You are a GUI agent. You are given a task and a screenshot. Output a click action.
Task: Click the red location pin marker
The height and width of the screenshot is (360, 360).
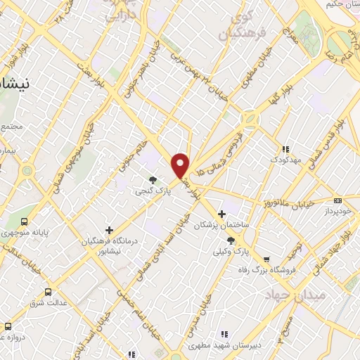pyautogui.click(x=181, y=165)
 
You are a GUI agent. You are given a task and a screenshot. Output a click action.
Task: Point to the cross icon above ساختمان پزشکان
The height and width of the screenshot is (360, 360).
pyautogui.click(x=222, y=213)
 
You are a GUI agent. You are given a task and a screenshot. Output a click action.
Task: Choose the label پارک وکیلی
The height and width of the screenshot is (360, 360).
pyautogui.click(x=231, y=251)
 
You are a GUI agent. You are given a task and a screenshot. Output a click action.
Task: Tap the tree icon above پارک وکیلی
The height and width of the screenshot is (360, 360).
pyautogui.click(x=231, y=240)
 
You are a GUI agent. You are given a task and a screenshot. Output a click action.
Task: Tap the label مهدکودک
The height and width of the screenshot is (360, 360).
pyautogui.click(x=285, y=160)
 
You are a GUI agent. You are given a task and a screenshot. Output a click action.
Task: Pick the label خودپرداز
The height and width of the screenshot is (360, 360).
pyautogui.click(x=337, y=211)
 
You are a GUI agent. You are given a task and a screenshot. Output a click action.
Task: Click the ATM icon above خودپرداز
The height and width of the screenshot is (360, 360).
pyautogui.click(x=337, y=200)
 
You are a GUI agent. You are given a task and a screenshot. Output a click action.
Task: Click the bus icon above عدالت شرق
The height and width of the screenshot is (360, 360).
pyautogui.click(x=49, y=291)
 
